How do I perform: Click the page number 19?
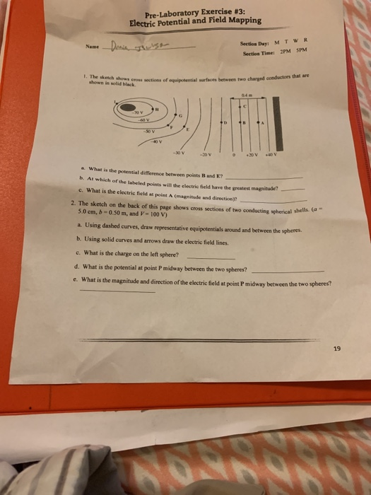(x=336, y=348)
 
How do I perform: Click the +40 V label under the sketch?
(x=269, y=157)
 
